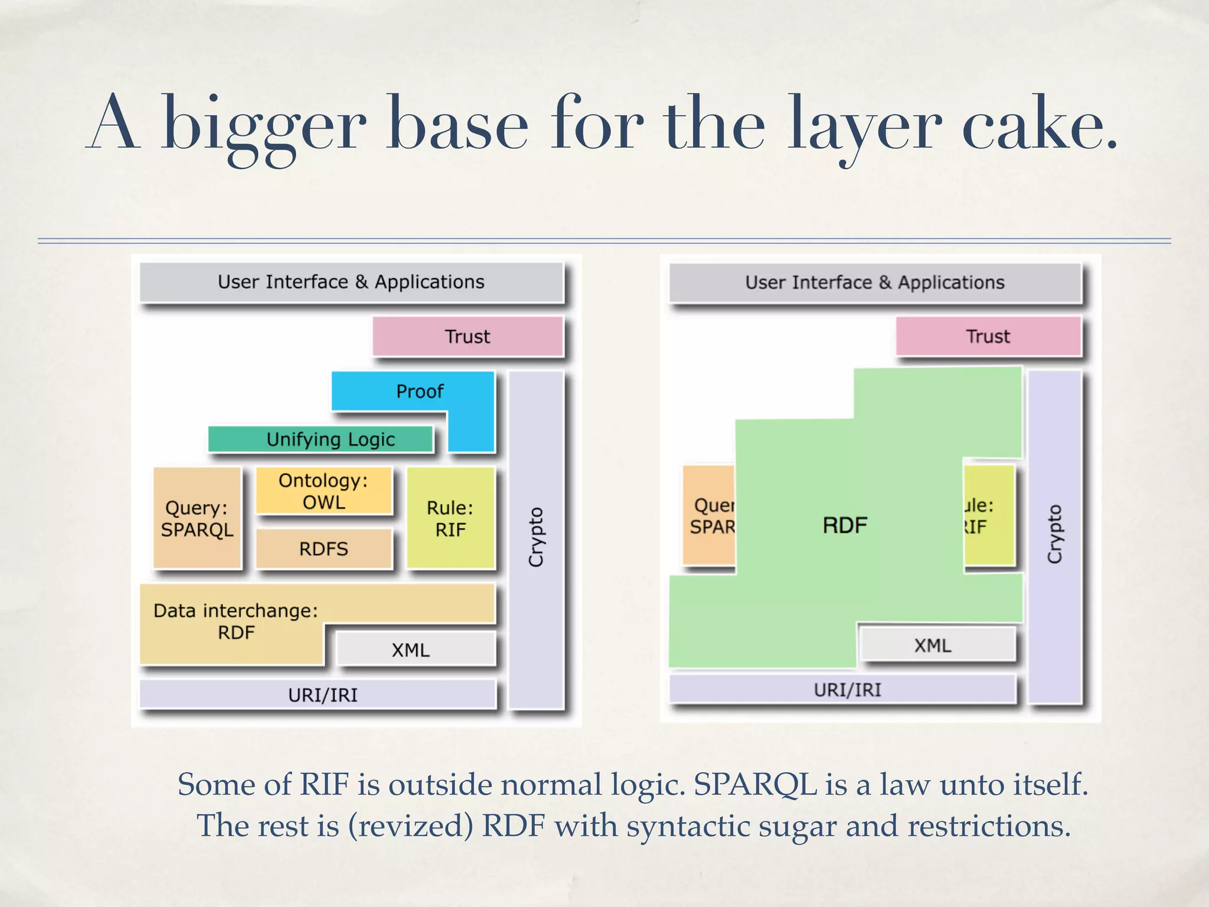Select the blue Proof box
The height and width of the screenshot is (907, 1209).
(x=419, y=391)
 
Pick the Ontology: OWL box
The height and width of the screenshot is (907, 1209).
(x=324, y=491)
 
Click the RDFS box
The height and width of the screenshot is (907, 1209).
(x=324, y=549)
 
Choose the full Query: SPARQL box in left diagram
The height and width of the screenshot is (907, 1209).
(x=197, y=518)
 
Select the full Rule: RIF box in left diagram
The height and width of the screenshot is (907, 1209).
(x=450, y=518)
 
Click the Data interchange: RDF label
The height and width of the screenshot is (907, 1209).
(x=236, y=621)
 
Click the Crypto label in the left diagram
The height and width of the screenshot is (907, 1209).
(x=535, y=537)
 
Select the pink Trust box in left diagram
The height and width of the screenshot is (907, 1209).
(x=468, y=337)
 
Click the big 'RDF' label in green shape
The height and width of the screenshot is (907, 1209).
(x=845, y=525)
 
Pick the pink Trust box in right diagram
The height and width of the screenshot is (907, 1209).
(x=988, y=337)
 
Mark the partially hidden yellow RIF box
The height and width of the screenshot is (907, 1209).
(x=989, y=515)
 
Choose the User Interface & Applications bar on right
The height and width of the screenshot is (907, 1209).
(x=874, y=283)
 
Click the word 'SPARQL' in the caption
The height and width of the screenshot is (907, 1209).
(x=755, y=785)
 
